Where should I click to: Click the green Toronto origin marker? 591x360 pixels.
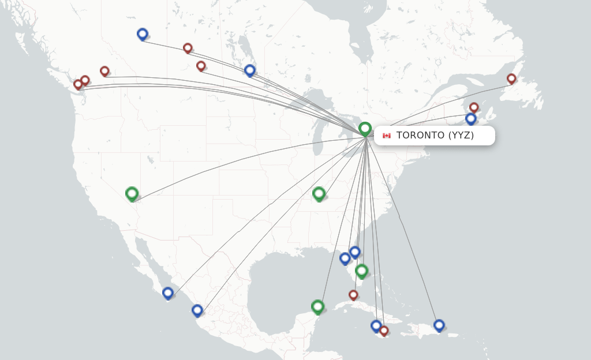tap(365, 128)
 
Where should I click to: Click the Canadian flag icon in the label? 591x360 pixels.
tap(386, 136)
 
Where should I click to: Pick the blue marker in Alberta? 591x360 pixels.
tap(143, 34)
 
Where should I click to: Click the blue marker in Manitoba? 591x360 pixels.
tap(250, 70)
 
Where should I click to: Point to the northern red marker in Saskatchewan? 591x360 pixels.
tap(188, 48)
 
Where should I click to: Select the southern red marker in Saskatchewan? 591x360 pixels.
tap(201, 66)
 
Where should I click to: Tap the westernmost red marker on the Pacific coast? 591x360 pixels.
tap(78, 84)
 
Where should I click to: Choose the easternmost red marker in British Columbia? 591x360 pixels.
tap(104, 71)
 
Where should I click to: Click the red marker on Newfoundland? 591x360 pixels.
tap(511, 78)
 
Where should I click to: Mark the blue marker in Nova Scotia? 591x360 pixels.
tap(471, 118)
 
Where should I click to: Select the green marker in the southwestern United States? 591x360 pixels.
tap(132, 193)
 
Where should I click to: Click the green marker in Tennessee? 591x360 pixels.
tap(319, 193)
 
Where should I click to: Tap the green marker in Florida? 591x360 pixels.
tap(361, 270)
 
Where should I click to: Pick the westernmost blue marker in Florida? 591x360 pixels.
tap(345, 258)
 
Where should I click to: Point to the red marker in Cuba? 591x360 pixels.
tap(353, 295)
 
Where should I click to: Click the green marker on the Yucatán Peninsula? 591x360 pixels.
tap(317, 306)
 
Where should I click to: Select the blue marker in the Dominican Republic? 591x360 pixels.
tap(439, 325)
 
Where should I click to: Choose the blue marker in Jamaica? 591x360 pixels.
tap(376, 325)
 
